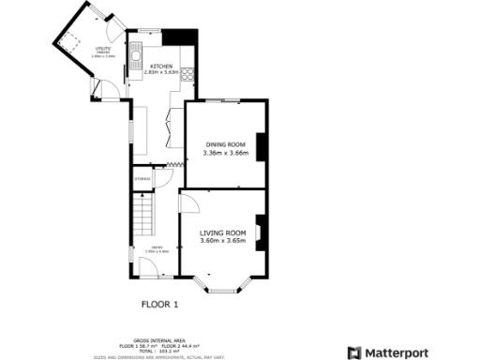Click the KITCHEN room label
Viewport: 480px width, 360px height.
tap(160, 66)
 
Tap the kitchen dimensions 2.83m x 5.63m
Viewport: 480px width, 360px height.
tap(160, 72)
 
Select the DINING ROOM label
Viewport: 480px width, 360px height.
tap(225, 144)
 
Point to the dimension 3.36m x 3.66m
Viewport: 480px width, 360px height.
tap(225, 152)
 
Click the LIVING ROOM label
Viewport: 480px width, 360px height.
tap(223, 232)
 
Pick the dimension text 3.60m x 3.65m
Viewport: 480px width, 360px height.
tap(223, 241)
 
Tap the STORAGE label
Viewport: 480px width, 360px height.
tap(142, 178)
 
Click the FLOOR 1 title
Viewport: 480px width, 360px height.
tap(159, 304)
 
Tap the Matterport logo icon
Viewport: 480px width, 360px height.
tap(353, 352)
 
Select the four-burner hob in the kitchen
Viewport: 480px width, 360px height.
tap(188, 76)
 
